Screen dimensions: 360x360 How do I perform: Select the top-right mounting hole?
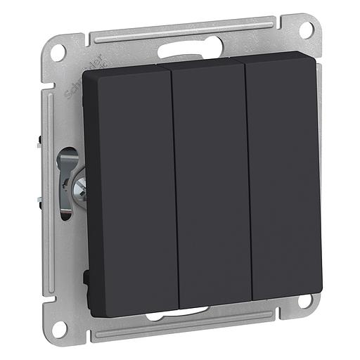tap(307, 30)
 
